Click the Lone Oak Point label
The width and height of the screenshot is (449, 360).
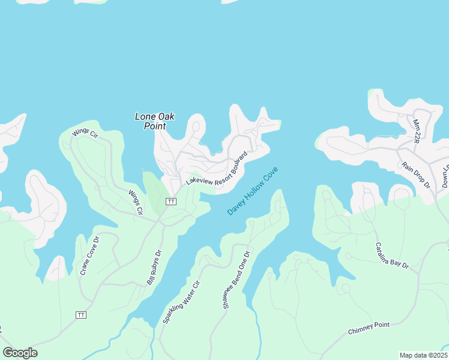tap(155, 121)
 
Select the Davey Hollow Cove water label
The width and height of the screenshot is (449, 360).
tap(253, 191)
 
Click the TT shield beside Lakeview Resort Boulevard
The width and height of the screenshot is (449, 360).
tap(171, 201)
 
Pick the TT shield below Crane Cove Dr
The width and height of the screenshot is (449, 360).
tap(82, 315)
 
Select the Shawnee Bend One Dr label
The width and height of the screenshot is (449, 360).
tap(235, 280)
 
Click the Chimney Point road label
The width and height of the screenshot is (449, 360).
tap(369, 328)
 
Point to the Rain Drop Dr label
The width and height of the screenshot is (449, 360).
tap(416, 175)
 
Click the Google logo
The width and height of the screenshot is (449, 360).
tap(20, 353)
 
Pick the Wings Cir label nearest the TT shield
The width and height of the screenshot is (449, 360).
tap(136, 202)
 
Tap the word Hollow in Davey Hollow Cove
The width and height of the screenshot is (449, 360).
tap(253, 191)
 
